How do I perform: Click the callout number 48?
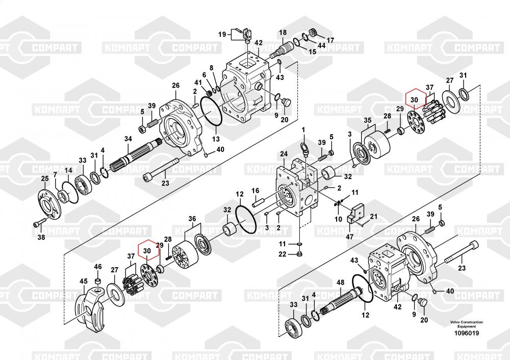click(340, 282)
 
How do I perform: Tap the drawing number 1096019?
click(467, 333)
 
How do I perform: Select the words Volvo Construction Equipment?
click(467, 324)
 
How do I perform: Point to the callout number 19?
click(222, 34)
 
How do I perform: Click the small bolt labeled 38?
click(38, 223)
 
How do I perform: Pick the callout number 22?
click(282, 254)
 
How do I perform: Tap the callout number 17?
click(330, 40)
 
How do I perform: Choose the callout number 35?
click(368, 121)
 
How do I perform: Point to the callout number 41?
click(198, 82)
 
